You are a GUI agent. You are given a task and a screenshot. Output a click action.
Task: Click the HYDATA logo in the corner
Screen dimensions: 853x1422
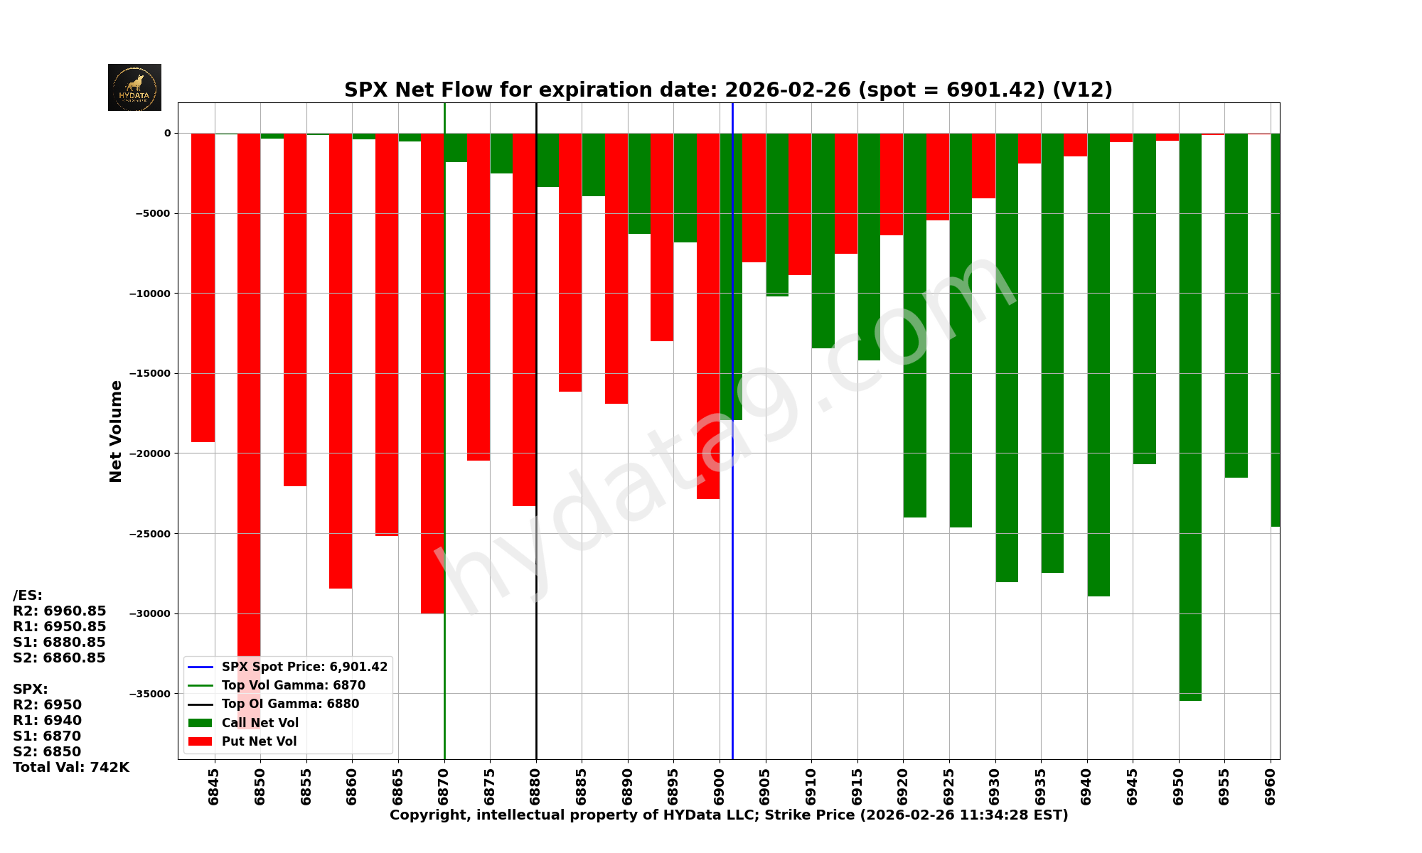(134, 87)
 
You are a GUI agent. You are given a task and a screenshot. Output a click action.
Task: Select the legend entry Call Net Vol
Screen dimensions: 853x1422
(260, 723)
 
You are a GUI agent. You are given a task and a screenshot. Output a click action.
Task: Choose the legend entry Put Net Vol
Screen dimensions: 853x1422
(259, 741)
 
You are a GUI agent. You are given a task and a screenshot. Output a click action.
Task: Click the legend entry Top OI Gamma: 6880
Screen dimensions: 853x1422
(290, 704)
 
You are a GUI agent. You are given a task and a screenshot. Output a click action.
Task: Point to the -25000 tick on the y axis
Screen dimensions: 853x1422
(149, 534)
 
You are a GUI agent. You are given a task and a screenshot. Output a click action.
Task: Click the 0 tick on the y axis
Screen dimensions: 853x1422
(168, 133)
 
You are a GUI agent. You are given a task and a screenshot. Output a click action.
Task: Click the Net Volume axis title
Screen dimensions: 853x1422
(116, 431)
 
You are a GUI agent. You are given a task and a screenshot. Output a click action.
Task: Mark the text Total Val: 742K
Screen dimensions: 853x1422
(71, 767)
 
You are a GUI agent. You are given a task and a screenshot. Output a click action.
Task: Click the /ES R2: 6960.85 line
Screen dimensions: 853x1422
(60, 611)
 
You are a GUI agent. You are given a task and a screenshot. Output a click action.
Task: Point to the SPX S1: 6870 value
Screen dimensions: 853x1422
(47, 736)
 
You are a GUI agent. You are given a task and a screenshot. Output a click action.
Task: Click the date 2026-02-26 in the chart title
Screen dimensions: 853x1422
(787, 90)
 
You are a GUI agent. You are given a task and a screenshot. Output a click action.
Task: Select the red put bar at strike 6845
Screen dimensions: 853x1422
(203, 284)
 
